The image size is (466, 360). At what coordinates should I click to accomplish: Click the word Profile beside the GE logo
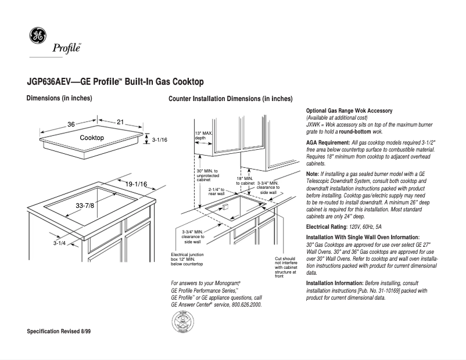point(67,48)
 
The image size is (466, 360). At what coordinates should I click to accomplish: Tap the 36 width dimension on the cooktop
point(71,124)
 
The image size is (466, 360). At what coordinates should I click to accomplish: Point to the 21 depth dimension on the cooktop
point(121,122)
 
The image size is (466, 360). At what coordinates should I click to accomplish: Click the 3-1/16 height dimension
point(159,140)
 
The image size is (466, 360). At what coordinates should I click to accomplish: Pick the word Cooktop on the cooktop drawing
point(92,138)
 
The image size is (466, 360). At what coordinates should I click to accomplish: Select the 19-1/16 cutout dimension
point(137,185)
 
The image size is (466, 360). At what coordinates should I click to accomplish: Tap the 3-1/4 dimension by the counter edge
point(60,243)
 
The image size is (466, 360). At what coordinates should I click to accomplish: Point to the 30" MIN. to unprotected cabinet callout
point(207,175)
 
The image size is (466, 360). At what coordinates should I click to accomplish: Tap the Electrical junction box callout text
point(187,259)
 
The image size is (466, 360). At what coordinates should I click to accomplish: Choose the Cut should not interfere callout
point(285,267)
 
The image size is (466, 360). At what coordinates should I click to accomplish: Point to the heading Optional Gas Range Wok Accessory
point(349,110)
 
